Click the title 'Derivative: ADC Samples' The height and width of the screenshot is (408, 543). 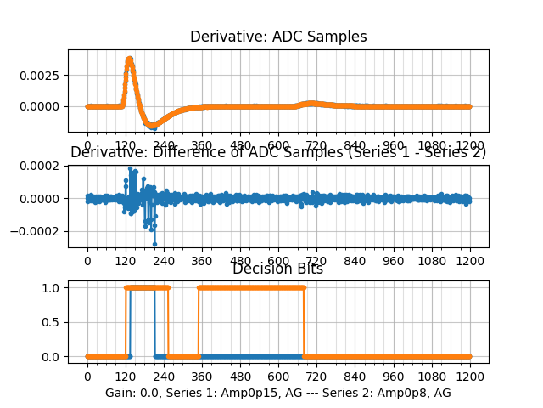click(278, 37)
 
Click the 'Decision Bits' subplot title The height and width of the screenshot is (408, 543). click(277, 269)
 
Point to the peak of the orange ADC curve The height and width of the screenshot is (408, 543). click(129, 59)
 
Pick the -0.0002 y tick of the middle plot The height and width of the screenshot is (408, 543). click(41, 231)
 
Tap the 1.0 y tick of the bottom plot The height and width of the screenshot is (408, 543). click(53, 287)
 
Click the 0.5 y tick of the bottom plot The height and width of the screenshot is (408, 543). click(53, 322)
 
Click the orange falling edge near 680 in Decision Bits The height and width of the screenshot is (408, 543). click(304, 322)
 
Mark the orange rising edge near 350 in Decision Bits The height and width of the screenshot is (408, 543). click(199, 322)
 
